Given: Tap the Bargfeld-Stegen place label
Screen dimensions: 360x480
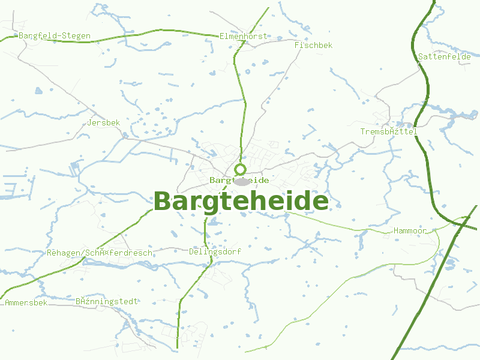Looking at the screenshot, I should tap(55, 36).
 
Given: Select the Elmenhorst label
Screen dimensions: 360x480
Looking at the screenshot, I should tap(243, 36).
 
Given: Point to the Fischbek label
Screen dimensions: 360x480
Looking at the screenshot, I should tap(313, 45).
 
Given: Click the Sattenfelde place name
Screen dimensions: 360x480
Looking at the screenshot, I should tap(445, 56).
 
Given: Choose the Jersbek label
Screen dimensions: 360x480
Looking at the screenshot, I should tap(104, 122).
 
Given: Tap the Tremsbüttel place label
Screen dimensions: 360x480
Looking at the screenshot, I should tap(389, 131).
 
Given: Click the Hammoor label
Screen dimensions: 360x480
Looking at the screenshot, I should tap(410, 231).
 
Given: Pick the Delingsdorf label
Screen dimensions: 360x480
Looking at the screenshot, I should tap(215, 252).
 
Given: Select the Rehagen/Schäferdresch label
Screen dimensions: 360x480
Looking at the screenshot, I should tap(100, 253).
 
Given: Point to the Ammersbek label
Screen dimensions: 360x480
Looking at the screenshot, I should tap(26, 302).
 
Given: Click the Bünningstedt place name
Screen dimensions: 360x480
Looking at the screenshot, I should tap(107, 301).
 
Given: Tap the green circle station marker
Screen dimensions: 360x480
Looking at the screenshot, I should tap(241, 169).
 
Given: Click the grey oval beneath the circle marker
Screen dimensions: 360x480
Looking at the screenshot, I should tap(241, 182).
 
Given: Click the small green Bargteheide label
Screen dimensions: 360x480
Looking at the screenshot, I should tap(239, 180).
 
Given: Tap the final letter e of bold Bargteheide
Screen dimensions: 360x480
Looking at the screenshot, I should tap(319, 202).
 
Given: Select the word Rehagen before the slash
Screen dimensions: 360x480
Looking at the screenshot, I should tap(64, 253).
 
